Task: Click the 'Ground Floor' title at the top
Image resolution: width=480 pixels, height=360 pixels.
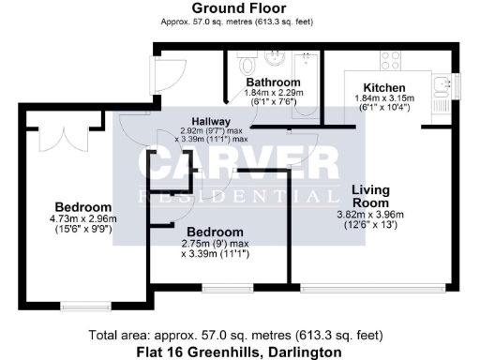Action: pyautogui.click(x=239, y=7)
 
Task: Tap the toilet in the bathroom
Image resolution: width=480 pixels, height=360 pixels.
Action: pyautogui.click(x=247, y=65)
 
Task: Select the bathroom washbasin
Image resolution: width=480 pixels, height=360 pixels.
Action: pyautogui.click(x=275, y=60)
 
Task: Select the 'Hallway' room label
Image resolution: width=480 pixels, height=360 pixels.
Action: pyautogui.click(x=212, y=122)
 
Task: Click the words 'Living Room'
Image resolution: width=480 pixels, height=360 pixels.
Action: pyautogui.click(x=370, y=196)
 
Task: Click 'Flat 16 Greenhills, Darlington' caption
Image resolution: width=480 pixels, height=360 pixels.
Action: pyautogui.click(x=239, y=351)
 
